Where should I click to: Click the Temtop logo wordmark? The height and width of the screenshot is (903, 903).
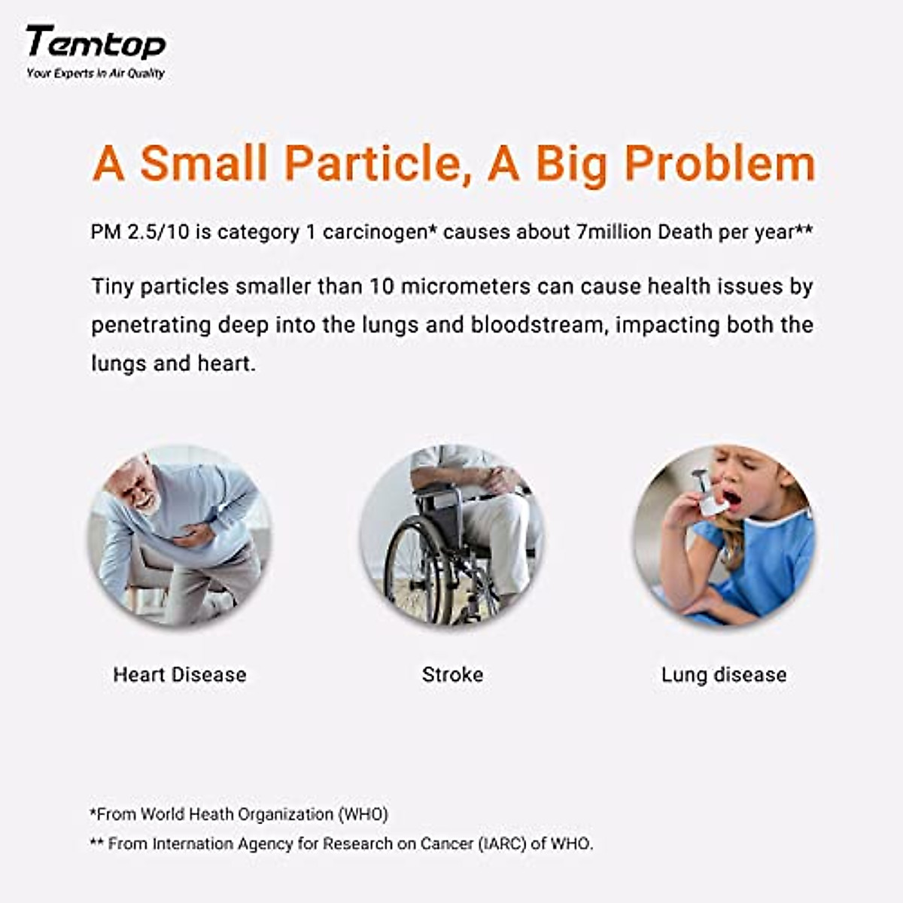click(x=96, y=43)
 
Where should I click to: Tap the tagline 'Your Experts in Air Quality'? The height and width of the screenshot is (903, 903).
click(x=96, y=73)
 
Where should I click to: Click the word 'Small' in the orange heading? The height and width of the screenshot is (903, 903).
click(x=204, y=163)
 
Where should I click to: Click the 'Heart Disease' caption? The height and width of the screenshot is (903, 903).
click(x=180, y=674)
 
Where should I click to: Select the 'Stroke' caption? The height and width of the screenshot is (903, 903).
click(x=452, y=674)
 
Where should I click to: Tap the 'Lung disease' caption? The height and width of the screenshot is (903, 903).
click(x=724, y=674)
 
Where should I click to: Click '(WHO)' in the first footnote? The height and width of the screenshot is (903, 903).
click(x=363, y=814)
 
